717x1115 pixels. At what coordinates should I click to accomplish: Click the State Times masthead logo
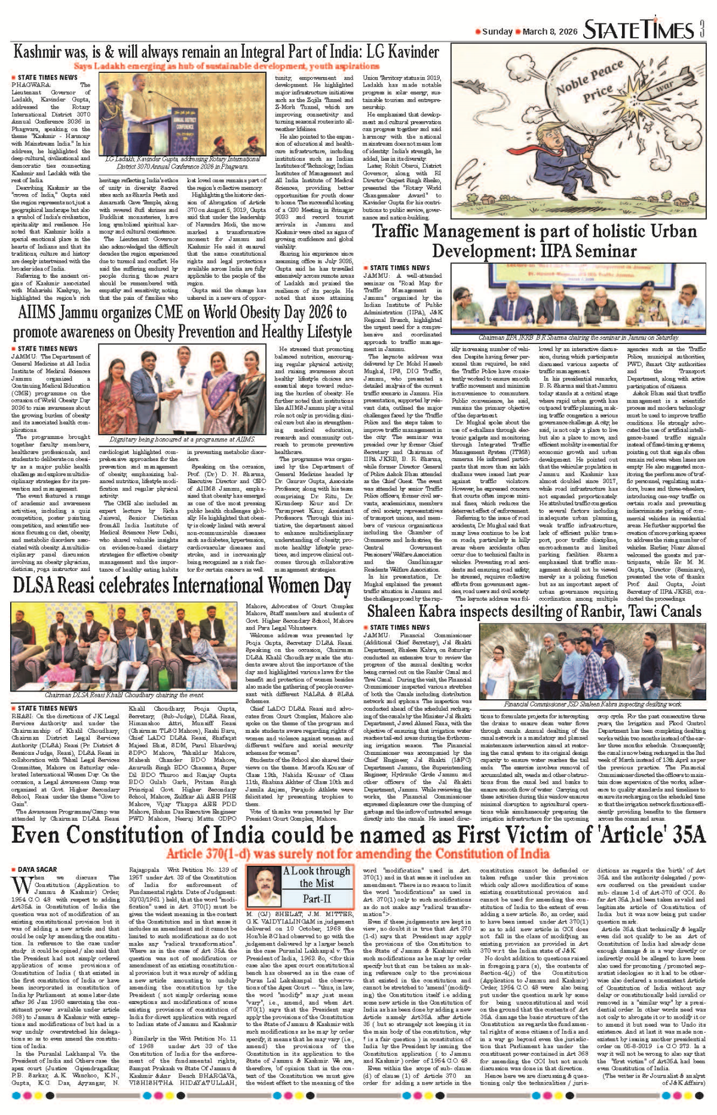tap(638, 30)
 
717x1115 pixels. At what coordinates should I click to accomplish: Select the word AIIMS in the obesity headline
tap(39, 312)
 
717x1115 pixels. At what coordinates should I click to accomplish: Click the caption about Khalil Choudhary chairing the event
tap(124, 695)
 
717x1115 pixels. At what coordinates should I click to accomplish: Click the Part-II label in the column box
tap(317, 899)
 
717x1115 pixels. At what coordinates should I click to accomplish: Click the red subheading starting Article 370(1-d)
tap(358, 853)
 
